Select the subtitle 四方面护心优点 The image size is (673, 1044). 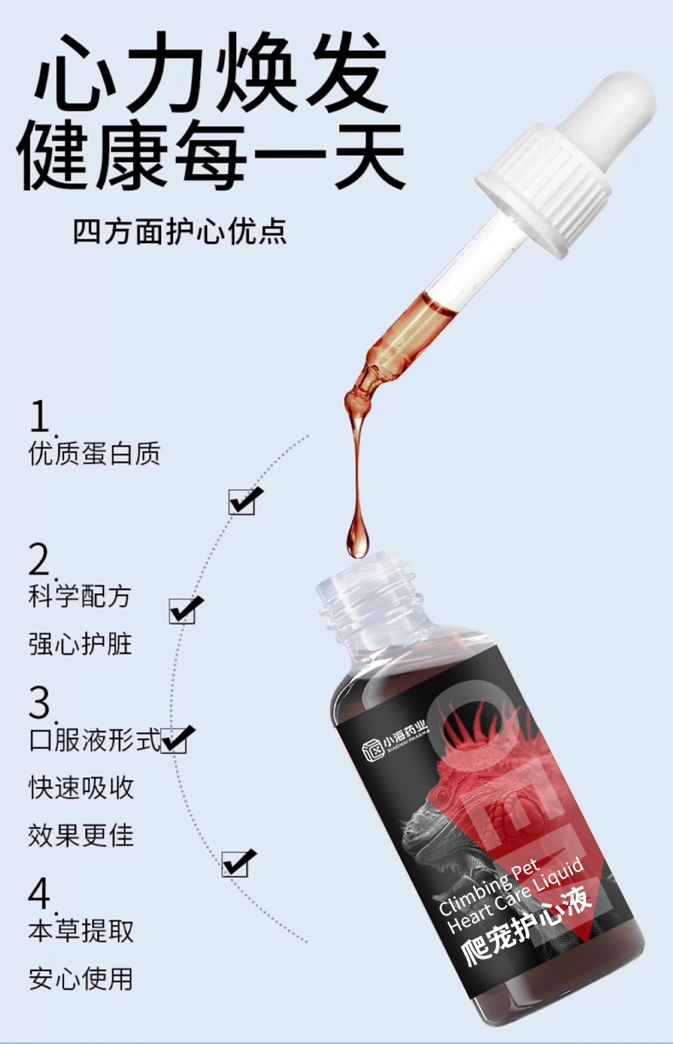pyautogui.click(x=180, y=232)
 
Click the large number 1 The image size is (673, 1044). pyautogui.click(x=40, y=417)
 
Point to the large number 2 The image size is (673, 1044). pyautogui.click(x=40, y=560)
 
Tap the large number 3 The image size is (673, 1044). pyautogui.click(x=40, y=703)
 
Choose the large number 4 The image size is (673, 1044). pyautogui.click(x=40, y=894)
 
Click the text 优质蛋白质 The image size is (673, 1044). pyautogui.click(x=95, y=453)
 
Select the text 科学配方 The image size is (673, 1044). pyautogui.click(x=80, y=597)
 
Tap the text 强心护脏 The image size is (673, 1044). pyautogui.click(x=80, y=644)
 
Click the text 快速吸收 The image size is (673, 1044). pyautogui.click(x=81, y=787)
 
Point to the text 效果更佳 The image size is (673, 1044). pyautogui.click(x=81, y=835)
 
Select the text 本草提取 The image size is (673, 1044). pyautogui.click(x=81, y=931)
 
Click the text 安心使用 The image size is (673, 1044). pyautogui.click(x=81, y=978)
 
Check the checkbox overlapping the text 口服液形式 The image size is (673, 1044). pyautogui.click(x=175, y=740)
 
